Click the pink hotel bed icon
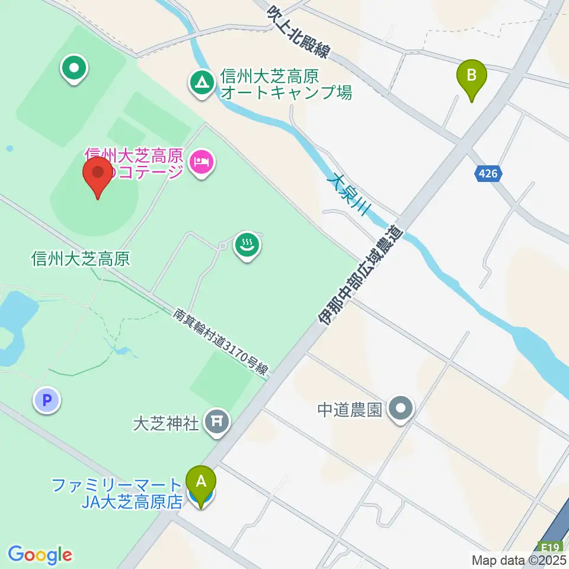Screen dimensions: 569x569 (x=202, y=162)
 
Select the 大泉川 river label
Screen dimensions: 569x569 (x=350, y=193)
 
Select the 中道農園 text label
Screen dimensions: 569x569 (x=349, y=410)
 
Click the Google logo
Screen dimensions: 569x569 (x=40, y=555)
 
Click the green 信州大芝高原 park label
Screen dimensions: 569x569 (x=80, y=258)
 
